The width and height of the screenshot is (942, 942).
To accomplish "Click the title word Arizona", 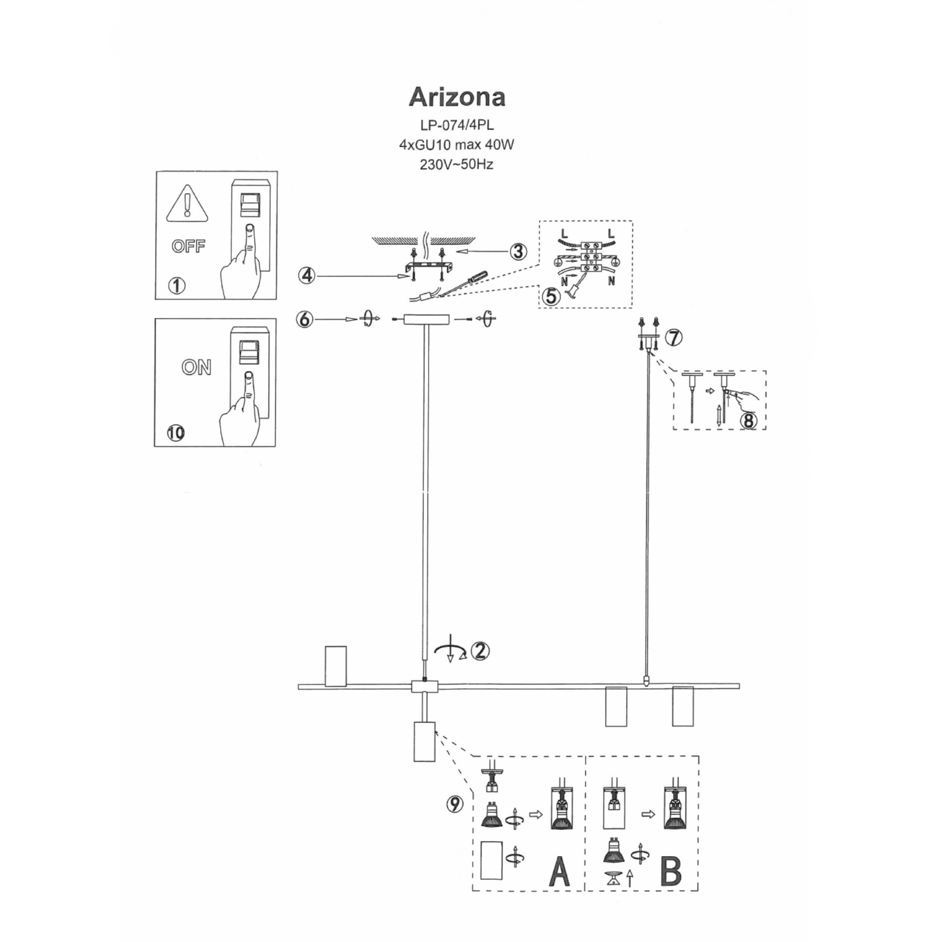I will (x=457, y=97).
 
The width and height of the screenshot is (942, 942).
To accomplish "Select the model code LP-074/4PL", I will (x=457, y=125).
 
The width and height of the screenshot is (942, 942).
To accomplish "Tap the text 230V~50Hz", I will (x=456, y=165).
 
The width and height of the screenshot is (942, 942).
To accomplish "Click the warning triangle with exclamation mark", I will (x=187, y=204).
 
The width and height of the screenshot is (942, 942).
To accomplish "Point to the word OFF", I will (x=188, y=246).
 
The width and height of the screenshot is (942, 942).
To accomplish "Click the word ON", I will (x=196, y=367).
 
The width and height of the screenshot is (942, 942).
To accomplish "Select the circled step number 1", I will (x=176, y=285).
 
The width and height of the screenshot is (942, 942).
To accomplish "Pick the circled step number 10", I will (x=176, y=433).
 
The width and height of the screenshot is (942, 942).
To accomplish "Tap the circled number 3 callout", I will (x=518, y=252).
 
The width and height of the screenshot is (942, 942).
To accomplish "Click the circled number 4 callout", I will (x=307, y=275).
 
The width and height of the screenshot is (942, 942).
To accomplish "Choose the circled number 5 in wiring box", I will (x=552, y=296).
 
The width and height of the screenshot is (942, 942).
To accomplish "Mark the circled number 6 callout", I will (x=305, y=320).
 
